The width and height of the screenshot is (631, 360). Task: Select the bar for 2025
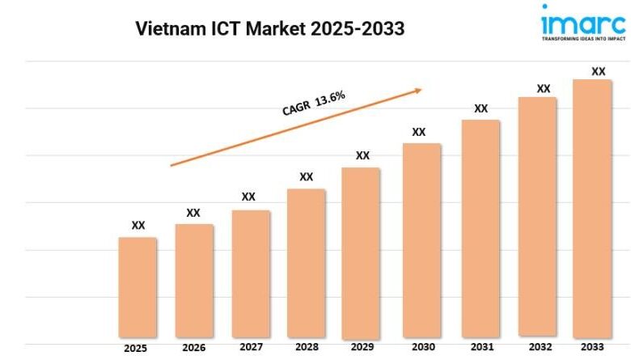click(138, 286)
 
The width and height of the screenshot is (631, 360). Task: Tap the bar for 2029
click(361, 252)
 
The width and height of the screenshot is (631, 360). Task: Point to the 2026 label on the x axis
click(193, 349)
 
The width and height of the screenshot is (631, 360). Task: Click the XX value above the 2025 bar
click(138, 225)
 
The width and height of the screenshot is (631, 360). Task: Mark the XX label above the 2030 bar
click(419, 131)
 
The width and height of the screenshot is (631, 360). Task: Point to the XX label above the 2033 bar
click(599, 71)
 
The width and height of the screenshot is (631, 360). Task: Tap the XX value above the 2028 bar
click(307, 176)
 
